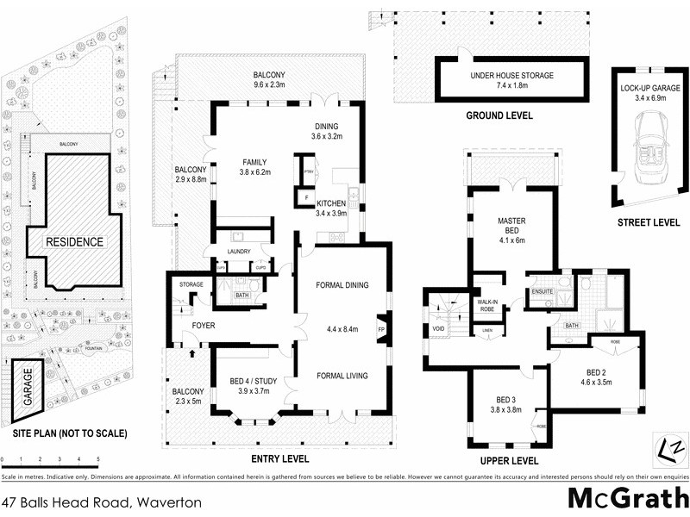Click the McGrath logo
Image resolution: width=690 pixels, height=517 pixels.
click(627, 498)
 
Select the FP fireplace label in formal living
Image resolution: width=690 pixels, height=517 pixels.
click(380, 330)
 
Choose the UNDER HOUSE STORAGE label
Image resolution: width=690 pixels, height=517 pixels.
click(511, 76)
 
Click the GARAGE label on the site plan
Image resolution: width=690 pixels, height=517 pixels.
click(28, 389)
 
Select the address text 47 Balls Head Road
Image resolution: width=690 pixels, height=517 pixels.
click(101, 501)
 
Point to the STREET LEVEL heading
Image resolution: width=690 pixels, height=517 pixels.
click(649, 222)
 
